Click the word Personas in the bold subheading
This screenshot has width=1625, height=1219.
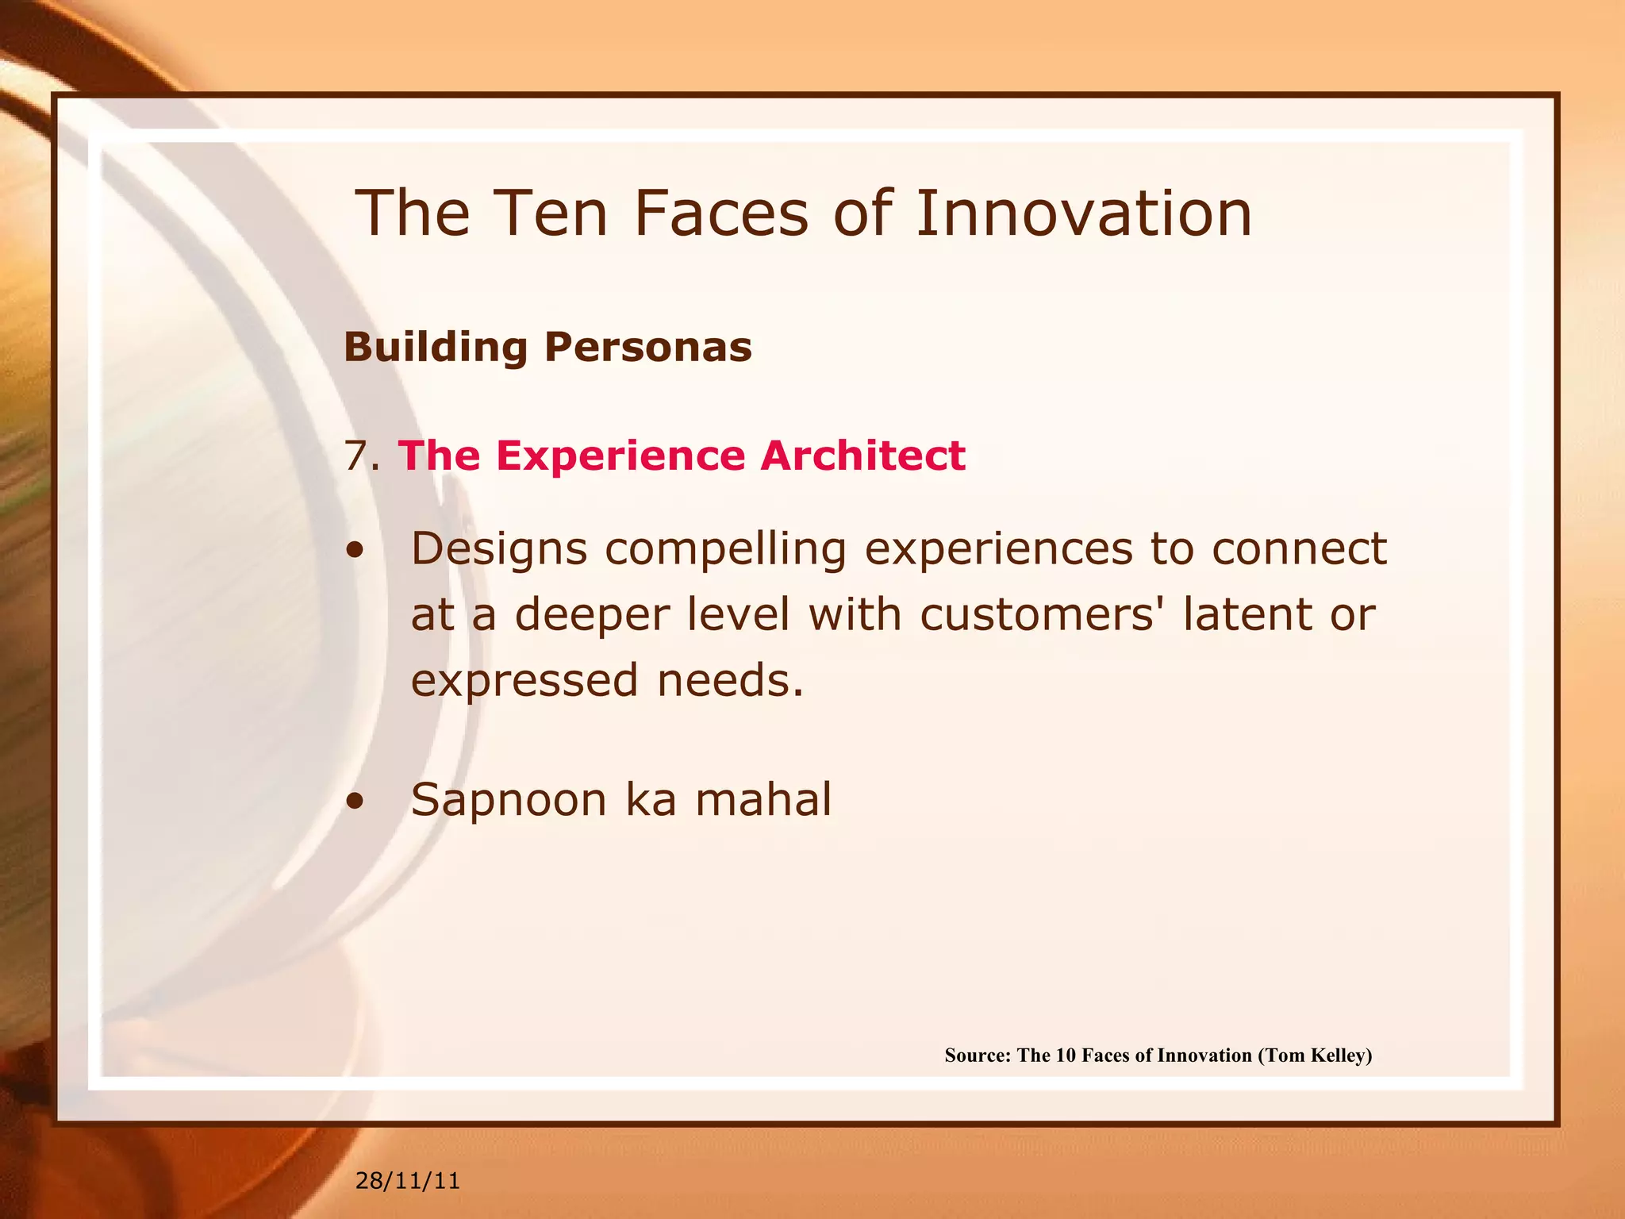(x=647, y=347)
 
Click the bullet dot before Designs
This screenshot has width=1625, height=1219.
(x=355, y=551)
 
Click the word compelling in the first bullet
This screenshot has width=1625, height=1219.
(x=725, y=549)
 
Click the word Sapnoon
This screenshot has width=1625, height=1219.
(x=509, y=799)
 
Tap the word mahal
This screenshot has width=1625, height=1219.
(x=763, y=799)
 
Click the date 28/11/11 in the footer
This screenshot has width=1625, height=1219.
(x=407, y=1181)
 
